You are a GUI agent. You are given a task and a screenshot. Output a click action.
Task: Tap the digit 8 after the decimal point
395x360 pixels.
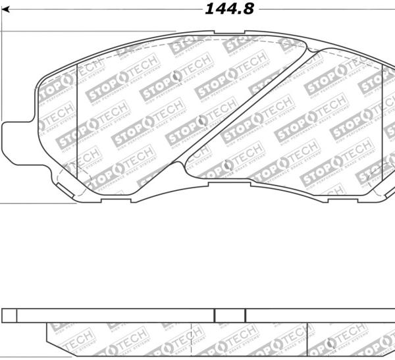tap(247, 9)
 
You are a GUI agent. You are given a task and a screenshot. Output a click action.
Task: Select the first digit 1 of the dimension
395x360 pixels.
tap(209, 9)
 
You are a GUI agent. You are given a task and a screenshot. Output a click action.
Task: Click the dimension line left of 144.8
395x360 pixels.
tap(99, 9)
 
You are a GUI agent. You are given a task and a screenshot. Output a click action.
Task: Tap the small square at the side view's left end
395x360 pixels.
tap(9, 315)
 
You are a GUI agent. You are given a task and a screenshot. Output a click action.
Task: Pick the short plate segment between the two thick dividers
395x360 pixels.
tap(231, 315)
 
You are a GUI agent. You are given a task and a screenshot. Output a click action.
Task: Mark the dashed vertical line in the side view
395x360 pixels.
tap(191, 336)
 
